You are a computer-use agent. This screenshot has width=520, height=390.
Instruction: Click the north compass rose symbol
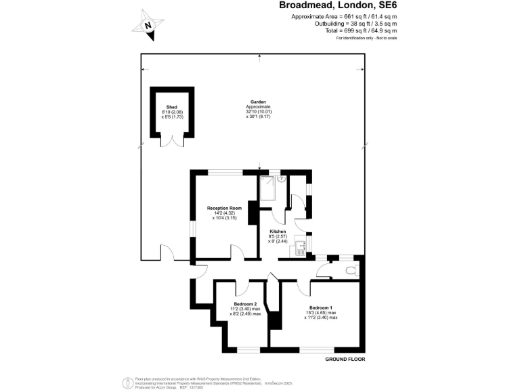tap(150, 24)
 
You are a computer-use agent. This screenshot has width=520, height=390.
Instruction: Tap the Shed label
tap(171, 107)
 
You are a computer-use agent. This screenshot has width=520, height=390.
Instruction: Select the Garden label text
tap(258, 102)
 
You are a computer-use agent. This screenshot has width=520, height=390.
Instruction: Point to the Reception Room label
tap(224, 208)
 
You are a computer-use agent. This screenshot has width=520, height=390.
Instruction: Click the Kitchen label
tap(278, 232)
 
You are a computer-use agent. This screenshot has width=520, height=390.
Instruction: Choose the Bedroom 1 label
tap(320, 308)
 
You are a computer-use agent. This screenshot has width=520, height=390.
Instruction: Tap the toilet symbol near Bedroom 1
tap(350, 270)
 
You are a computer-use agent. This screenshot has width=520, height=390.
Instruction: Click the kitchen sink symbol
tap(301, 249)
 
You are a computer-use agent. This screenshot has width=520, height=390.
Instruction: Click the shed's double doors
tap(172, 140)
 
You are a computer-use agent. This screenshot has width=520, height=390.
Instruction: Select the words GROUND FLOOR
tap(346, 358)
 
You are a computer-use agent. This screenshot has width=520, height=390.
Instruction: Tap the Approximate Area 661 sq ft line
tap(344, 16)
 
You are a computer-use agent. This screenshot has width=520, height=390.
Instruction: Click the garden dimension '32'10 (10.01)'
tap(258, 112)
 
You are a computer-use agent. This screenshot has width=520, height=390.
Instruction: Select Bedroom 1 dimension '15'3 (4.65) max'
tap(320, 313)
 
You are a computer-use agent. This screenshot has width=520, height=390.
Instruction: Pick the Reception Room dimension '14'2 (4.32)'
tap(224, 213)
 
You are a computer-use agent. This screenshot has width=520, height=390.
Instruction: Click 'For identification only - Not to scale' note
tap(366, 38)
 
